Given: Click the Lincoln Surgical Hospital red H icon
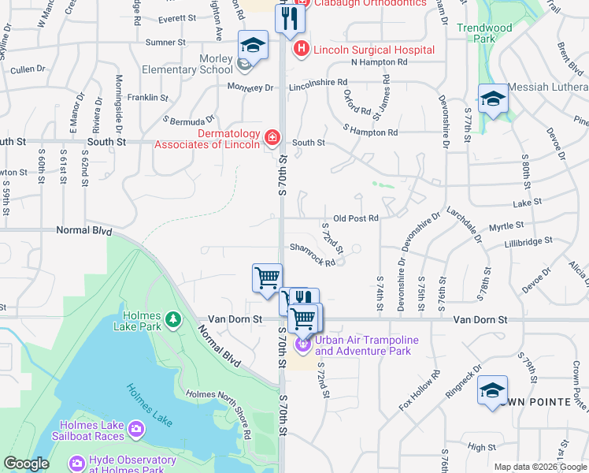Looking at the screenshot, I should [x=301, y=50].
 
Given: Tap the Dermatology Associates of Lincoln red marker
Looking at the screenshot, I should [x=272, y=138].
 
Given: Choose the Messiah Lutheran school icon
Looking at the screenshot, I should [x=493, y=99].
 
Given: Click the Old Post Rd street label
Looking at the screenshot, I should [x=356, y=218].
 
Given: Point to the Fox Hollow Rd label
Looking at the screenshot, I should [x=417, y=390].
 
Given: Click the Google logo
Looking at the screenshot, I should [x=26, y=464].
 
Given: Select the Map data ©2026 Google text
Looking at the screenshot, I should [x=540, y=467].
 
